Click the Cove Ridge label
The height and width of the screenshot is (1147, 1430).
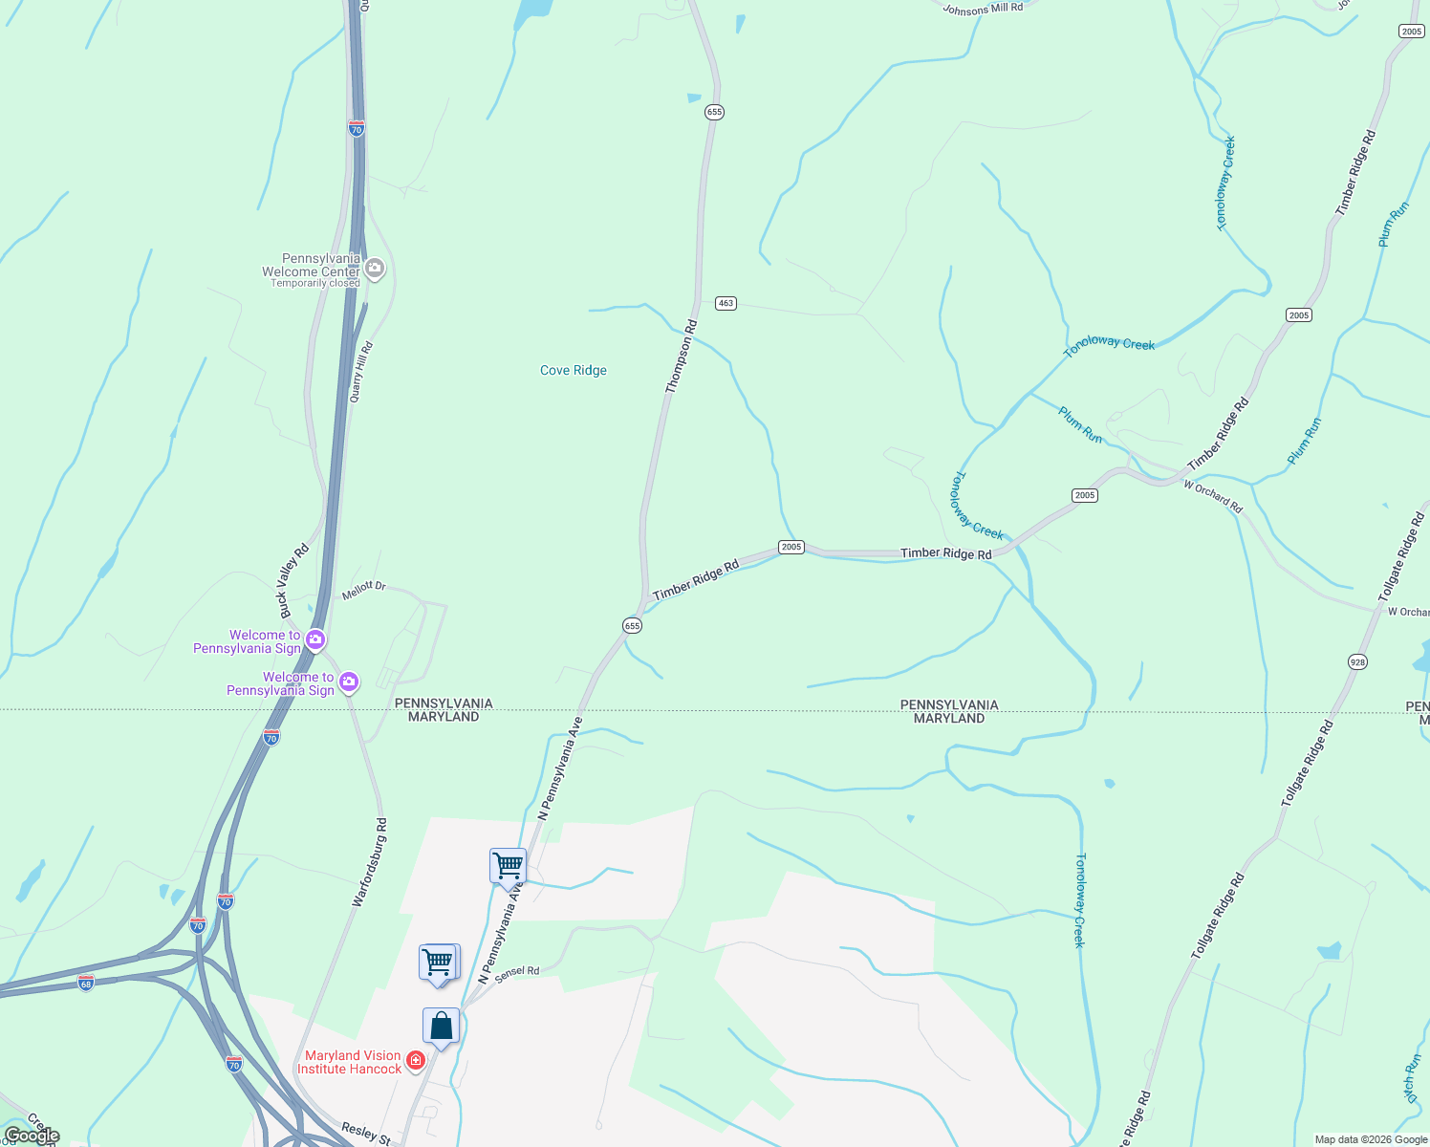click(574, 371)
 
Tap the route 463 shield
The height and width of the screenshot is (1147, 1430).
click(726, 303)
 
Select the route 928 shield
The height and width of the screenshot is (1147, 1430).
click(1357, 661)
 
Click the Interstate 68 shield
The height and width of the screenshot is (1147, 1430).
click(86, 984)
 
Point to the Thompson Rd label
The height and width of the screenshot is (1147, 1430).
click(682, 357)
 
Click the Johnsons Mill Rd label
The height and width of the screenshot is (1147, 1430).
click(983, 9)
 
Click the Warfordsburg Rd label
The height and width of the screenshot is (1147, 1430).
click(369, 862)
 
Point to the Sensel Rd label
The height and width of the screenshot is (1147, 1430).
click(517, 973)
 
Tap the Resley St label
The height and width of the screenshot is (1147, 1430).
click(365, 1134)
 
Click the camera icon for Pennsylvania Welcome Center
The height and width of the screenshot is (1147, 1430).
click(375, 269)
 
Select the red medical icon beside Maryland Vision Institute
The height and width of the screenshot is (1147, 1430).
click(416, 1061)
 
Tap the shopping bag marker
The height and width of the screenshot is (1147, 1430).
click(441, 1027)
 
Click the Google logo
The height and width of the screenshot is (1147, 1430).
click(32, 1136)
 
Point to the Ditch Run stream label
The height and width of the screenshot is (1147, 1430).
click(1413, 1078)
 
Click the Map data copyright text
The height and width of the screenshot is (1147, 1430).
click(1371, 1139)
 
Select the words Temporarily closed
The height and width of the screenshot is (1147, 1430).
click(315, 283)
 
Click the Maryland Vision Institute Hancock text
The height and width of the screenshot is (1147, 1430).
click(350, 1062)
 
